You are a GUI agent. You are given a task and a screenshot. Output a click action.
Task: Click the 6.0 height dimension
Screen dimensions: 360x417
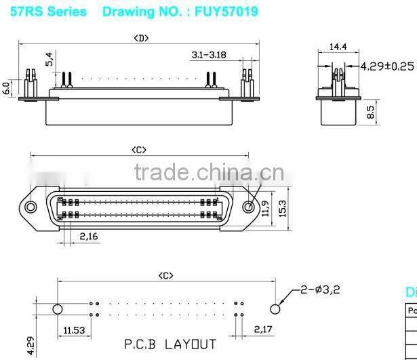click(x=7, y=88)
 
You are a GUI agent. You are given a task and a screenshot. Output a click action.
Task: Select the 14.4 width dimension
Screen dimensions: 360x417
click(x=337, y=48)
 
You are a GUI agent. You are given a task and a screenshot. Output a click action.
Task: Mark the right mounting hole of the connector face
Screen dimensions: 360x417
click(x=249, y=207)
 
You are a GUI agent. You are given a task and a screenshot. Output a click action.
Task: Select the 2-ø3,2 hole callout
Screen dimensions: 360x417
click(x=319, y=289)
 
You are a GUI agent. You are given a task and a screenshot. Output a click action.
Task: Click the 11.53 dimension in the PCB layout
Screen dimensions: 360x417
click(x=75, y=330)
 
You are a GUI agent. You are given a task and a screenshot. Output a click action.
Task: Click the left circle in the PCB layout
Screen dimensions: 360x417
click(x=58, y=309)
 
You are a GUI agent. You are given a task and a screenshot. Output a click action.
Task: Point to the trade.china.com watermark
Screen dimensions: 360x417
click(x=203, y=173)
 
